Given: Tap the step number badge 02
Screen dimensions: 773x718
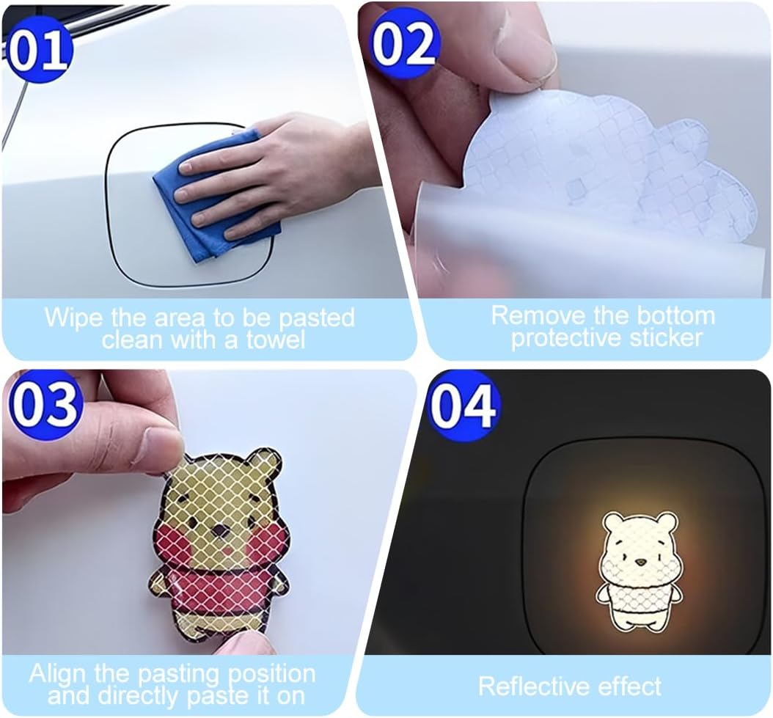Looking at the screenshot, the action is (x=404, y=43).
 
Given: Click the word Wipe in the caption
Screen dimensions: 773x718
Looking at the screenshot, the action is (x=75, y=318).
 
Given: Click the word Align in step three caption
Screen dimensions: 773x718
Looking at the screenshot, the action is (x=59, y=673).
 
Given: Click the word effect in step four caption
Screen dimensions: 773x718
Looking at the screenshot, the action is (x=629, y=686).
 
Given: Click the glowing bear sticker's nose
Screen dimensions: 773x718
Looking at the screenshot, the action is (x=640, y=563).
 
